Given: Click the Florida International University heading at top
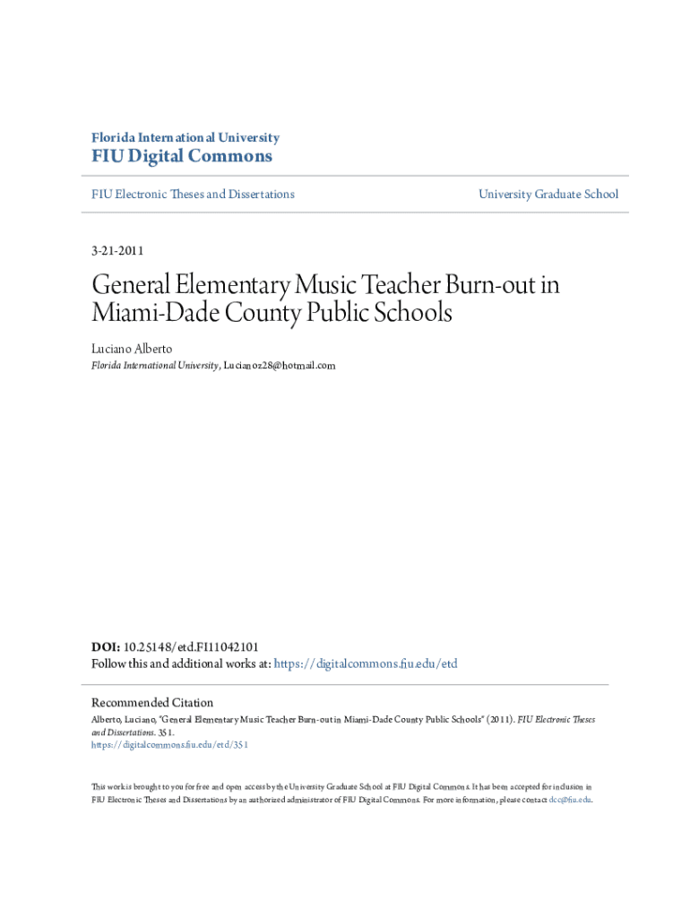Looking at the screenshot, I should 185,138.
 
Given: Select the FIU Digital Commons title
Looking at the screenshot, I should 182,157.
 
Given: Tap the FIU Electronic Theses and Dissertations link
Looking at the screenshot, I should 193,194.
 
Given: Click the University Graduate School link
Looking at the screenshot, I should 548,194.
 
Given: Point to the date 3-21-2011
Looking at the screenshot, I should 117,250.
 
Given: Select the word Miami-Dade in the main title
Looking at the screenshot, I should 148,315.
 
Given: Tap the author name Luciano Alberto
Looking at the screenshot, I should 132,348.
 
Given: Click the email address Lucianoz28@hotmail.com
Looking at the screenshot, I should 280,366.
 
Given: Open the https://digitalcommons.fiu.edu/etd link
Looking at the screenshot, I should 365,664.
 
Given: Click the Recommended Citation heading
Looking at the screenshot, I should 152,703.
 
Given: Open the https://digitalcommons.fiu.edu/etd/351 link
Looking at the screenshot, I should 169,744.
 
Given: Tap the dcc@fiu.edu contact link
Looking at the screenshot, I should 569,800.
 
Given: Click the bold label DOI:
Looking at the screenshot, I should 106,646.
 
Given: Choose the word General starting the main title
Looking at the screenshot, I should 125,286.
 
